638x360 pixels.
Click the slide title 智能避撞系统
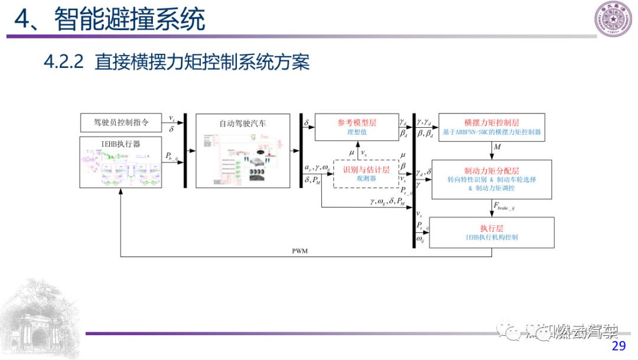[x=130, y=19]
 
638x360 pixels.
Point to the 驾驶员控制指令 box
[x=121, y=123]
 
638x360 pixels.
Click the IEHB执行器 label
[x=121, y=144]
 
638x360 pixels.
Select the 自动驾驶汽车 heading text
[x=242, y=124]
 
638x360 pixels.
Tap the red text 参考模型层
[x=357, y=122]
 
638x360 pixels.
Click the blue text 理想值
[x=357, y=132]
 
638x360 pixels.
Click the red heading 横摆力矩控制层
[x=491, y=122]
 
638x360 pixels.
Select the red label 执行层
[x=491, y=228]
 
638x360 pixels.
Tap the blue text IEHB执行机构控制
[x=491, y=238]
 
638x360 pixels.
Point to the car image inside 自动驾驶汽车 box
[x=260, y=162]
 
